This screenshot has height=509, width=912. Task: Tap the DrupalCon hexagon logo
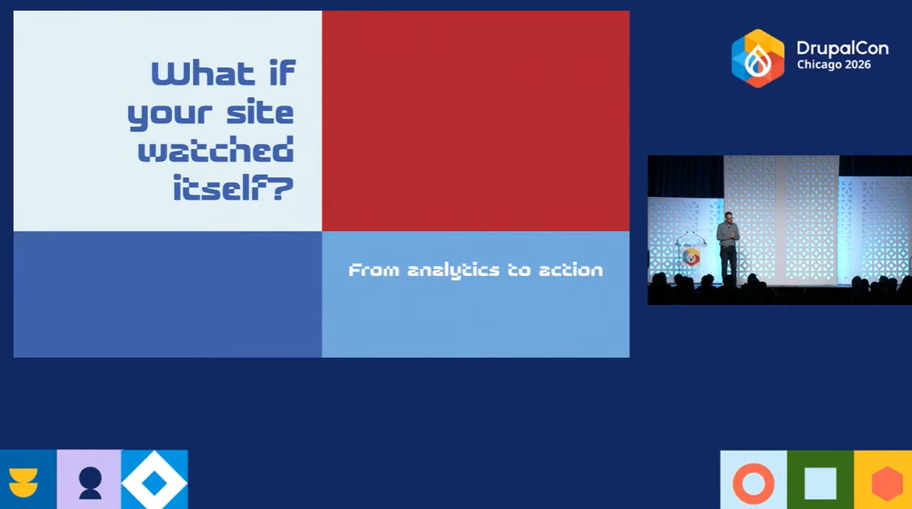(x=757, y=58)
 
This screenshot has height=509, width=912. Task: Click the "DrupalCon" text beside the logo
(x=842, y=48)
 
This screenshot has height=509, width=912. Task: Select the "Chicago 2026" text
(x=833, y=65)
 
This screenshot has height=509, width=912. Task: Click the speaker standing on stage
(x=728, y=246)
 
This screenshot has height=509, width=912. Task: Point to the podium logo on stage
(x=691, y=256)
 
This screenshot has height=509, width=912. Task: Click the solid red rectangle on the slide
(x=475, y=120)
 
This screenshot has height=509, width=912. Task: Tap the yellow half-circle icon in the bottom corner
(x=23, y=482)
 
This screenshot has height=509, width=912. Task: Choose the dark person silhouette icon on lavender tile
(x=90, y=482)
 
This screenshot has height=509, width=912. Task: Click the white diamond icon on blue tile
(x=155, y=481)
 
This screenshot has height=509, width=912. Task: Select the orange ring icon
(x=753, y=482)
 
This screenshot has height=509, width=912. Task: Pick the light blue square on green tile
(x=820, y=482)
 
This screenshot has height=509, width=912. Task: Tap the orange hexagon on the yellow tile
(x=886, y=483)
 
